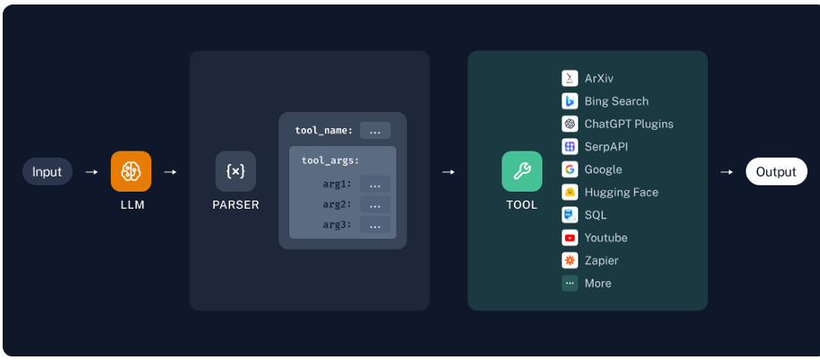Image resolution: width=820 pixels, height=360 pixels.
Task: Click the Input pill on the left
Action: point(47,171)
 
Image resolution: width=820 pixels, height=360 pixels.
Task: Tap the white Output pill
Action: point(775,171)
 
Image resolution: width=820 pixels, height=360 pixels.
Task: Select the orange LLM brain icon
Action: point(131,171)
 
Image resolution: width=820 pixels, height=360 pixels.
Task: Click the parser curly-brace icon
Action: point(235,171)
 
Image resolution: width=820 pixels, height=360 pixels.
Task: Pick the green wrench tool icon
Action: point(521,171)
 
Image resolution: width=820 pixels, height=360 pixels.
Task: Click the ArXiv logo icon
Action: point(569,78)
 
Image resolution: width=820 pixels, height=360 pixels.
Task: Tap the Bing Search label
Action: point(616,101)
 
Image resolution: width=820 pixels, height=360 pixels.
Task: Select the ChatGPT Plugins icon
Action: point(569,124)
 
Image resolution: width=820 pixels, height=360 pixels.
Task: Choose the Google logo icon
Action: point(569,169)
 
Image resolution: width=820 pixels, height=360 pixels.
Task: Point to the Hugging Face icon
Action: point(569,192)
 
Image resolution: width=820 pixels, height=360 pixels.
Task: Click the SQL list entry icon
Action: point(569,215)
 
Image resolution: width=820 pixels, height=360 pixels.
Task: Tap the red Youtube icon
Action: point(569,237)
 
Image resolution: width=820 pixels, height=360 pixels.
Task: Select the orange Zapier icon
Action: point(569,261)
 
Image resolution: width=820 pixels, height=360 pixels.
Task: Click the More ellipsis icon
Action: point(569,283)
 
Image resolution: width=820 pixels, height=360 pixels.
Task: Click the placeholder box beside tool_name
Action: point(374,131)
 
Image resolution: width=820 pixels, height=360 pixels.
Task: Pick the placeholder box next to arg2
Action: point(374,204)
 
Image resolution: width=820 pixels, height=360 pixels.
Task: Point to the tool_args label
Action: point(330,160)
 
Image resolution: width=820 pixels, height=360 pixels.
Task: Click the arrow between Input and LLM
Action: point(91,171)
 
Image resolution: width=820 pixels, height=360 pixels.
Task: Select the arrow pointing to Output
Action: point(727,171)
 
